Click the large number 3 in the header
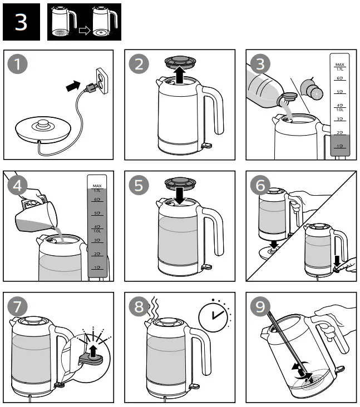point(21,22)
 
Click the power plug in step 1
point(89,88)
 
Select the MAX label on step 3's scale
point(339,65)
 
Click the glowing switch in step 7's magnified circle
point(91,349)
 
